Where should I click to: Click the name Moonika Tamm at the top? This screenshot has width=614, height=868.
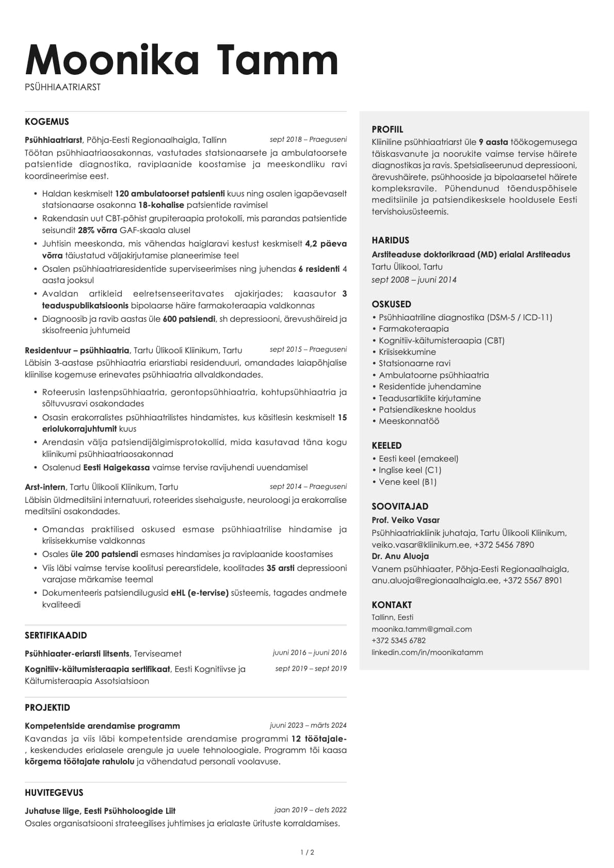pyautogui.click(x=182, y=60)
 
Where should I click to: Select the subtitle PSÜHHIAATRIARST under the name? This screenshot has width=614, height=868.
pyautogui.click(x=62, y=87)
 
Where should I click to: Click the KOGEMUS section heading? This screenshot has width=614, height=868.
pyautogui.click(x=46, y=122)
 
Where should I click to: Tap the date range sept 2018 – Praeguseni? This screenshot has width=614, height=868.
pyautogui.click(x=308, y=139)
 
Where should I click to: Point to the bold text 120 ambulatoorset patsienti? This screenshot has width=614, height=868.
pyautogui.click(x=170, y=193)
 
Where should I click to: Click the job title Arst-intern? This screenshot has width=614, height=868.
pyautogui.click(x=45, y=487)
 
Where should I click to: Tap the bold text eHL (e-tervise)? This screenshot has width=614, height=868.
pyautogui.click(x=199, y=593)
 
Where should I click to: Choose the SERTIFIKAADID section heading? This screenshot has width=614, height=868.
pyautogui.click(x=56, y=635)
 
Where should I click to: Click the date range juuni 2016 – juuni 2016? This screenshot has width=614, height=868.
pyautogui.click(x=310, y=652)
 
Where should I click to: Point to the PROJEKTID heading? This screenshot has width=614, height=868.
pyautogui.click(x=47, y=708)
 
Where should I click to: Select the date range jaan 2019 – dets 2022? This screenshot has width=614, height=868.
pyautogui.click(x=310, y=810)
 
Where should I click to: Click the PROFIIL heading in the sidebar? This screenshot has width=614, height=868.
pyautogui.click(x=387, y=129)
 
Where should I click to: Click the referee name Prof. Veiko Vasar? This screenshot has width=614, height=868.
pyautogui.click(x=406, y=520)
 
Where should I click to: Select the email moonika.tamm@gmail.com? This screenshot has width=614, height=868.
pyautogui.click(x=422, y=629)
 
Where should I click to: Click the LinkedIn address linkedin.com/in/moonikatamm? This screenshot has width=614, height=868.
pyautogui.click(x=427, y=652)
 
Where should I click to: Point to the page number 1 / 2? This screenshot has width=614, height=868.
pyautogui.click(x=307, y=852)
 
